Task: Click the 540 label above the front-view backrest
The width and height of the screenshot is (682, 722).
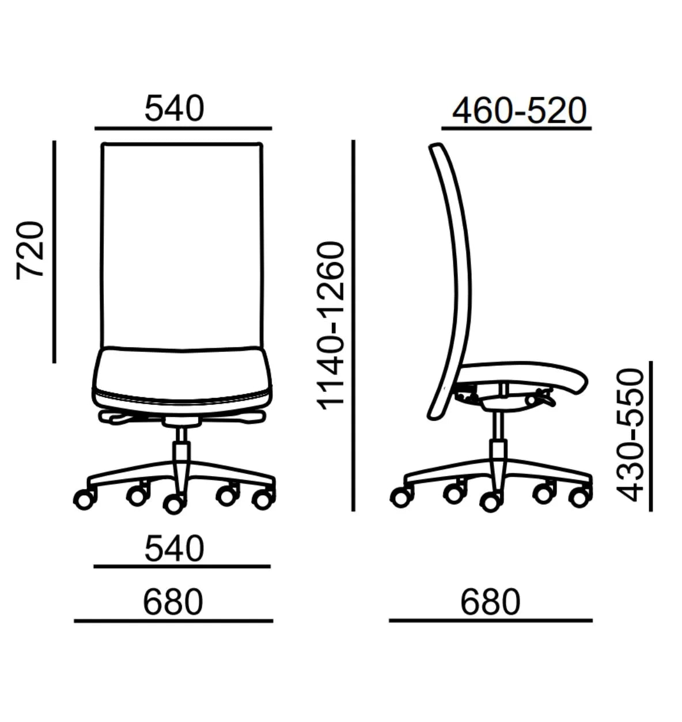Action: click(174, 108)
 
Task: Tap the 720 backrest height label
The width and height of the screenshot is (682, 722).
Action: click(30, 250)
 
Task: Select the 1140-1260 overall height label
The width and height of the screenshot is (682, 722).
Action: click(331, 326)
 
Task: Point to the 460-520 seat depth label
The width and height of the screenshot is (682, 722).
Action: click(519, 111)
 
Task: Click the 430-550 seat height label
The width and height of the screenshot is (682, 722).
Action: click(630, 435)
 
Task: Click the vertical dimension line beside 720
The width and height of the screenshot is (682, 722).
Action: click(54, 252)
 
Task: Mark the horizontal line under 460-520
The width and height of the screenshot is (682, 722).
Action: click(517, 128)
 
